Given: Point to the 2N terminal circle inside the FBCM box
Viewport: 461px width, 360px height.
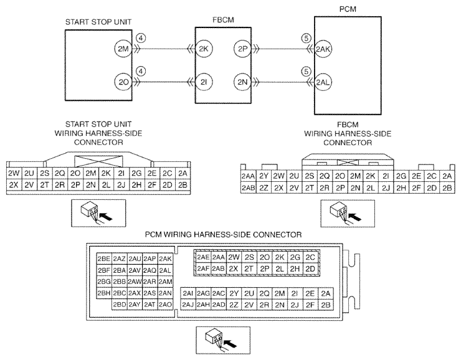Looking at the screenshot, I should coord(242,80).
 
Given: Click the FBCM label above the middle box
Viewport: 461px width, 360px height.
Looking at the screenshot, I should coord(223,21).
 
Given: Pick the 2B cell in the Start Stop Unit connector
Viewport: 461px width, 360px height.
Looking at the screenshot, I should coord(183,184).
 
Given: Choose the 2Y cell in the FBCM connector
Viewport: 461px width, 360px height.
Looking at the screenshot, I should coord(264,176).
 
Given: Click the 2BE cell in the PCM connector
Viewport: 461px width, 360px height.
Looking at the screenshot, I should coord(104,258).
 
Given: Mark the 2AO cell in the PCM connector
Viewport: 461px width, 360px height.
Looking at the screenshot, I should coord(165,305).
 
